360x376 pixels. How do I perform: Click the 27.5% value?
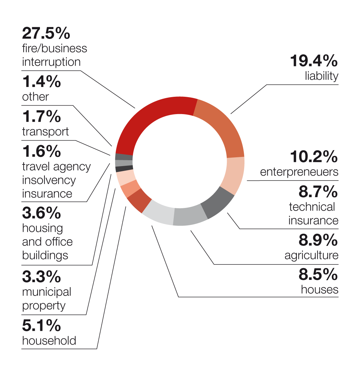click(46, 33)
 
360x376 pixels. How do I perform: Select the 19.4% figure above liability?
click(314, 61)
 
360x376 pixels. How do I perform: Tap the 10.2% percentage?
click(314, 157)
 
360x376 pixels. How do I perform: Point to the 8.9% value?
click(318, 240)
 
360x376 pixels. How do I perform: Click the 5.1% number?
click(42, 326)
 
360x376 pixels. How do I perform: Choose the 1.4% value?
click(42, 82)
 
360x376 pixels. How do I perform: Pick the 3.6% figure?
click(42, 213)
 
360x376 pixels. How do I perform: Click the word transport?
click(45, 132)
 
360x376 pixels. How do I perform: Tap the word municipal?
click(47, 292)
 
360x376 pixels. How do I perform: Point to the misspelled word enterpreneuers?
click(299, 172)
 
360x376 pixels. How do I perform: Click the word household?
click(49, 341)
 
